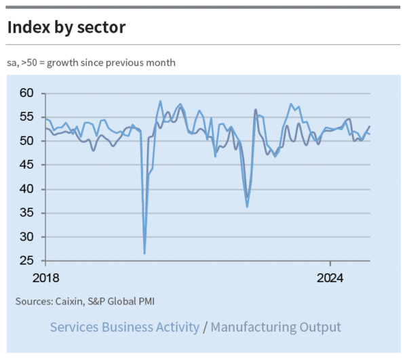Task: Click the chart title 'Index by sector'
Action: (x=66, y=28)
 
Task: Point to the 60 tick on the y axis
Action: (x=26, y=93)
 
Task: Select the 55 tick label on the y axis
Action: (x=26, y=117)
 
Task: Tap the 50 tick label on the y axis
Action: (x=26, y=141)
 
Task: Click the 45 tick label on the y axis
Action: (x=26, y=165)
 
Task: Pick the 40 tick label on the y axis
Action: (x=26, y=189)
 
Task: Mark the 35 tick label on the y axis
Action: (x=26, y=213)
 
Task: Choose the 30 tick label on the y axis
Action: (x=26, y=237)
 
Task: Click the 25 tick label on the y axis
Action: (x=26, y=261)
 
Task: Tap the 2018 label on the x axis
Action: (x=46, y=277)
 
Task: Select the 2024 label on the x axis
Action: (x=331, y=277)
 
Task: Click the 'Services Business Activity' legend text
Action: (x=125, y=327)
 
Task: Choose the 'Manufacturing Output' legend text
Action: (x=276, y=327)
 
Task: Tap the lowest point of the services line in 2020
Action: (x=144, y=254)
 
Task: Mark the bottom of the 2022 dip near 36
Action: (x=247, y=206)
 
